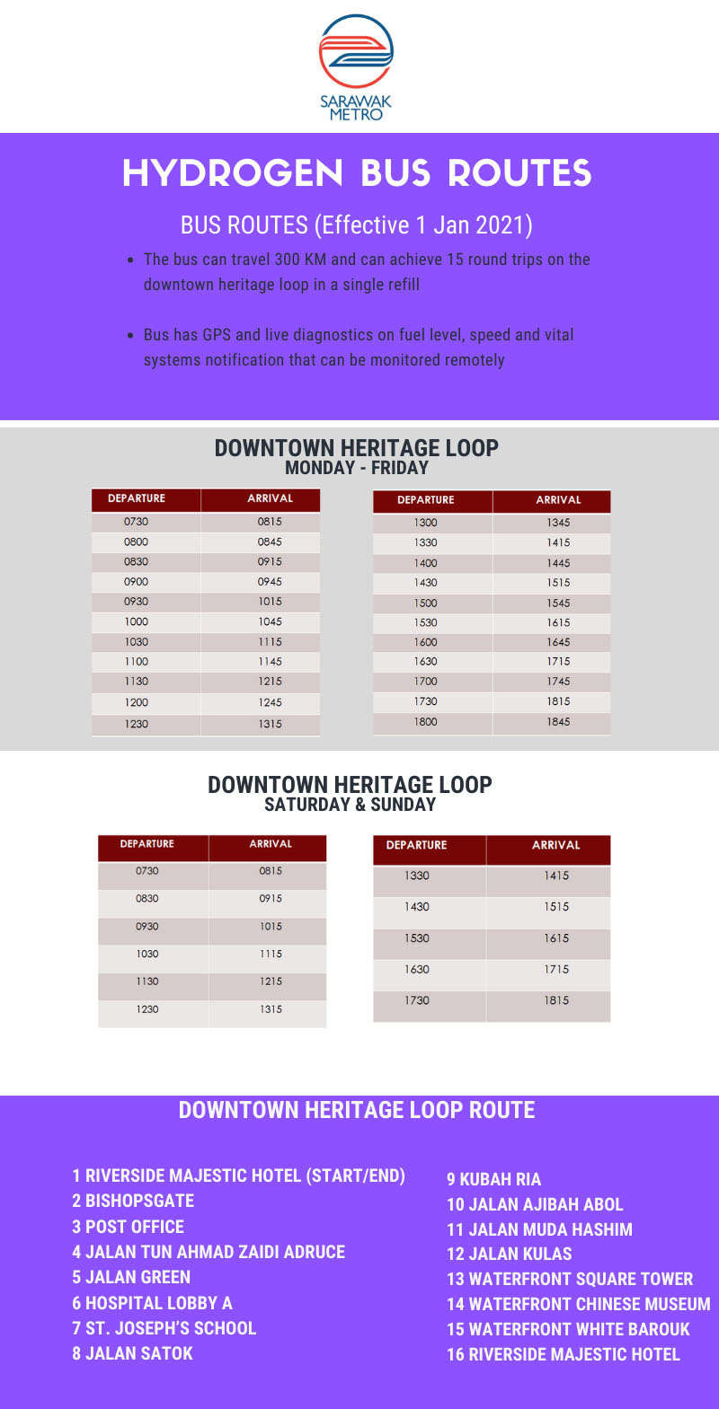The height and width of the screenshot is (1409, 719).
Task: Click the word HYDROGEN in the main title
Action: pos(233,173)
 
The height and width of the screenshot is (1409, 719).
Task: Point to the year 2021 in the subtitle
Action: pos(502,225)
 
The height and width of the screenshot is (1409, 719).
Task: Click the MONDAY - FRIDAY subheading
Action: pos(357,468)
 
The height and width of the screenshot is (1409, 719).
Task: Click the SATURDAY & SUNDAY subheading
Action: pos(350,805)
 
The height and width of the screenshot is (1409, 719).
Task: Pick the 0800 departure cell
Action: pos(137,542)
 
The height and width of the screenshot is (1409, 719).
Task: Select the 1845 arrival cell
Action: pos(558,721)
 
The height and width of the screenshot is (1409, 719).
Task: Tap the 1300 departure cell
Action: pos(426,522)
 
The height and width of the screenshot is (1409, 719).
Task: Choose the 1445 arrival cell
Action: pos(558,563)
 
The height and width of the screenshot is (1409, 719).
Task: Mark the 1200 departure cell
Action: pos(137,702)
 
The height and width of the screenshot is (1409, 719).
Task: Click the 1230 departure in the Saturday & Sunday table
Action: pos(147,1009)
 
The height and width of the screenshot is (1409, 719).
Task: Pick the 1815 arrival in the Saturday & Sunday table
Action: pos(556,1000)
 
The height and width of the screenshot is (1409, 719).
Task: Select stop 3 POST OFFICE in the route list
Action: pos(129,1227)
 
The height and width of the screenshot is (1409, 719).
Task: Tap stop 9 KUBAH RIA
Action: pos(494,1179)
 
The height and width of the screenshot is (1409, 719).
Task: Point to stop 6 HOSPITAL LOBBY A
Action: pos(153,1303)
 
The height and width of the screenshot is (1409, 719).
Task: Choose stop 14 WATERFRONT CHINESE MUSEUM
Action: pos(579,1304)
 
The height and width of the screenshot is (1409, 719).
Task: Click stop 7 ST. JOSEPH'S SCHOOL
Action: pos(164,1328)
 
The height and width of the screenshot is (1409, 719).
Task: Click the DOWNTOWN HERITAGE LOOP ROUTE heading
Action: pos(357,1110)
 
